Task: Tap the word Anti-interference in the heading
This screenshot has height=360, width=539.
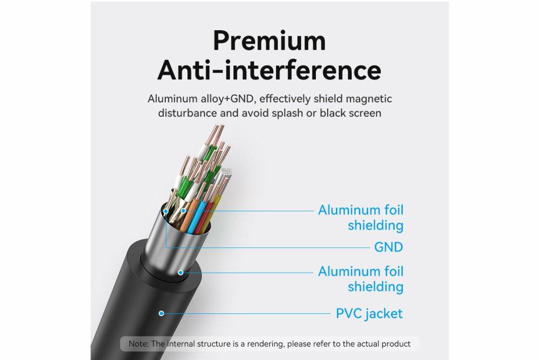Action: [x=269, y=70]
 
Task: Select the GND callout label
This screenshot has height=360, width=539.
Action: [x=389, y=247]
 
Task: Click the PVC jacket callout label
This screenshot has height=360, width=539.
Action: [x=369, y=313]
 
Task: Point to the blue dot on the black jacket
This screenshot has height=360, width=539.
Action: [x=161, y=313]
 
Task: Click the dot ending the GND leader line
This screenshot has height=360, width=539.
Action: [x=166, y=211]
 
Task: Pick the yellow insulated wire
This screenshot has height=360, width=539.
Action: [x=212, y=213]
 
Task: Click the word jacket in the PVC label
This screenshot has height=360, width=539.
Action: [x=384, y=314]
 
